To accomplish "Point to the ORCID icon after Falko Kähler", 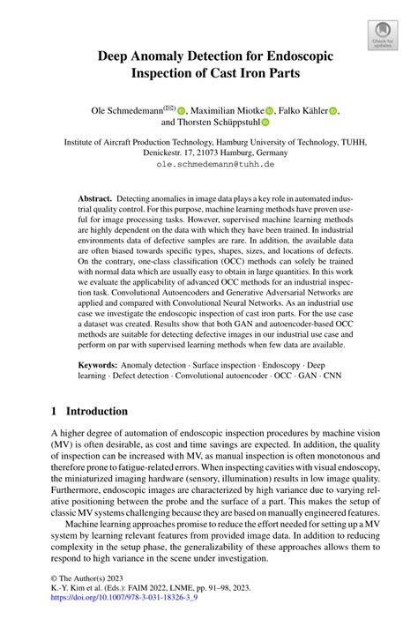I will point(334,111).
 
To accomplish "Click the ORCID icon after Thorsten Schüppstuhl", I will point(265,124).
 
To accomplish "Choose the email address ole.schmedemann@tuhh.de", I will point(208,164).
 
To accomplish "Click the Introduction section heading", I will point(93,411).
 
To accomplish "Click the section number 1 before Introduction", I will point(54,411).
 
